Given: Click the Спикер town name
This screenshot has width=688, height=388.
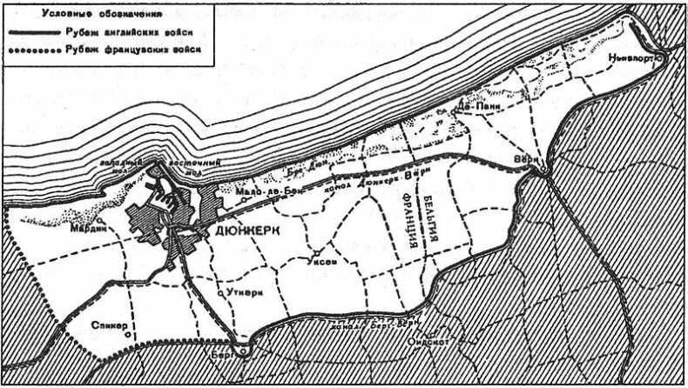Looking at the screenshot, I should click(x=110, y=327).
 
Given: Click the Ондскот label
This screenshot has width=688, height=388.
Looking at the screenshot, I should click(x=426, y=342).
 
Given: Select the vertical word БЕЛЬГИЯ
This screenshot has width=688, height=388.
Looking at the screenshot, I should click(x=428, y=213).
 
